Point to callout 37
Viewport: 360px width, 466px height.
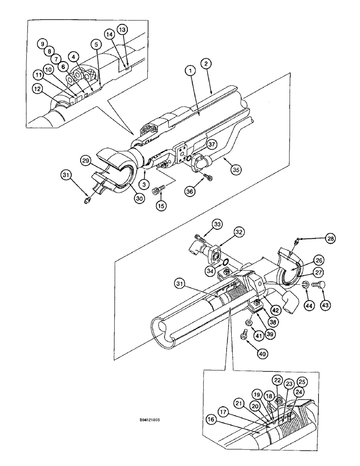(211, 145)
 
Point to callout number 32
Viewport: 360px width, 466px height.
(239, 232)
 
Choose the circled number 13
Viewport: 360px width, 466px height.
(122, 30)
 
